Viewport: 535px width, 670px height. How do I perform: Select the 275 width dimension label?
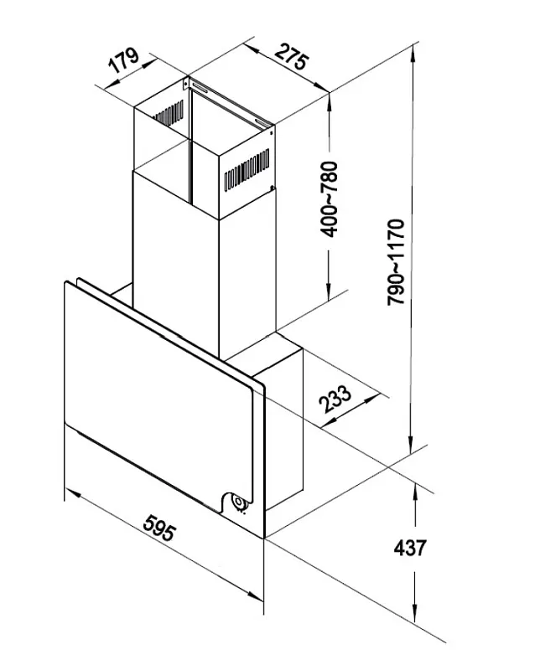coord(290,59)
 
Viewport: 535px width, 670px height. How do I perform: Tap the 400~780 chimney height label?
coord(331,198)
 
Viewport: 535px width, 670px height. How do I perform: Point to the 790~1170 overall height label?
coord(397,262)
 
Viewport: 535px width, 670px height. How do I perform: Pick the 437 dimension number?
coord(409,549)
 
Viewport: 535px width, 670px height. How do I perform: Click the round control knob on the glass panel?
coord(239,503)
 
